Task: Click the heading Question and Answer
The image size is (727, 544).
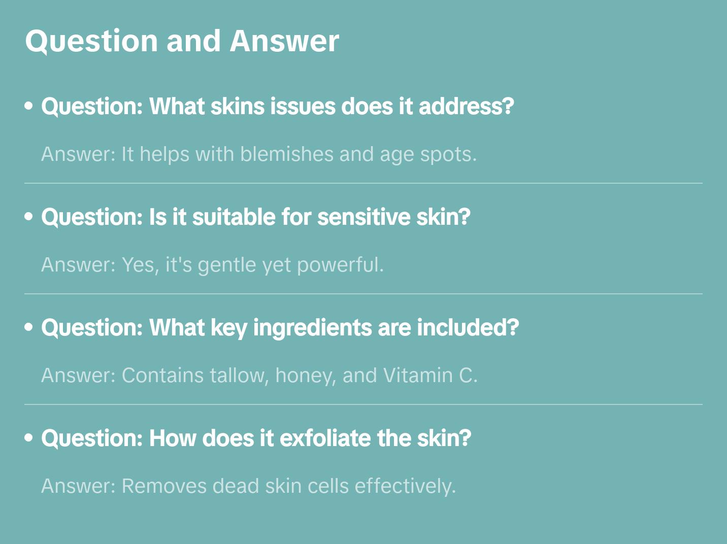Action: click(x=182, y=42)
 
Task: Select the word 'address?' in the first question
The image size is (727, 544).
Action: click(x=467, y=107)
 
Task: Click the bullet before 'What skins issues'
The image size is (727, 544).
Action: click(x=29, y=106)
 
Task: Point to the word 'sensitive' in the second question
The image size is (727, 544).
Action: click(x=364, y=217)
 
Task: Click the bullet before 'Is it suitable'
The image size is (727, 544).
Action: click(x=29, y=216)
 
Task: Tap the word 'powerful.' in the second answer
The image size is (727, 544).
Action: click(x=340, y=265)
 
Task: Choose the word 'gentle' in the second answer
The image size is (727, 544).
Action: click(x=227, y=265)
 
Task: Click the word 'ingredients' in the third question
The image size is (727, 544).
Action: click(x=312, y=328)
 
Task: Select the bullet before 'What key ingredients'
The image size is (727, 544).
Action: click(x=29, y=327)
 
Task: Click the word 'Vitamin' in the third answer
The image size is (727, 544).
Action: click(x=418, y=376)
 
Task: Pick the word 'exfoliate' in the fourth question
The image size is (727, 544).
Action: click(x=325, y=438)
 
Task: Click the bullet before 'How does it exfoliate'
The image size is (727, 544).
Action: click(x=29, y=437)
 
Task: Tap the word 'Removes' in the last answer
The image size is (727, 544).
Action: click(x=164, y=486)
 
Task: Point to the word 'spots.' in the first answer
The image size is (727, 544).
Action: click(x=448, y=155)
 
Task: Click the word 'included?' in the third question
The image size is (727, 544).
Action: click(x=468, y=328)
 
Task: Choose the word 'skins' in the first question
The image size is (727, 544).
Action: click(x=238, y=107)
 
